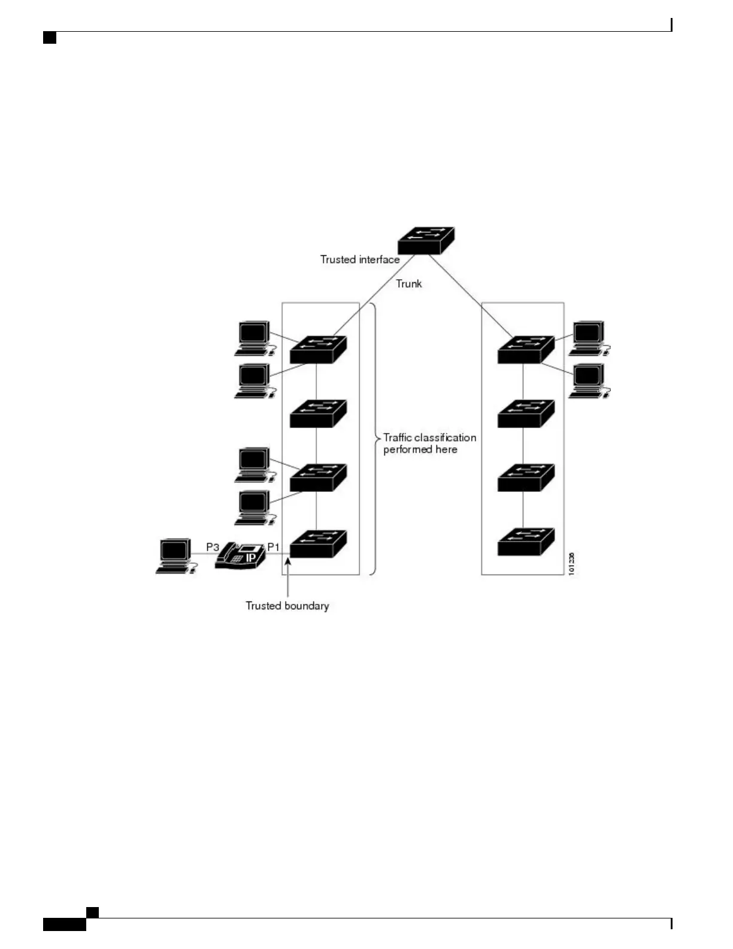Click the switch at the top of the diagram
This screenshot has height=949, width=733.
tap(426, 241)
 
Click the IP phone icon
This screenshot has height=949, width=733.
tap(240, 556)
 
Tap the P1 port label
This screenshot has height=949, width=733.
tap(273, 547)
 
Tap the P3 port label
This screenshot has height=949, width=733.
tap(213, 547)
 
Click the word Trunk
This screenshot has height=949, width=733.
tap(408, 283)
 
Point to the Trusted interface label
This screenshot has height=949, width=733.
tap(359, 259)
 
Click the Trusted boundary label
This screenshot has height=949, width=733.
tap(287, 606)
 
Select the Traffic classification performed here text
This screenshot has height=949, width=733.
tap(429, 443)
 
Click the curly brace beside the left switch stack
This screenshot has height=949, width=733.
tap(375, 439)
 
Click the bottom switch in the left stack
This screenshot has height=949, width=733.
tap(318, 543)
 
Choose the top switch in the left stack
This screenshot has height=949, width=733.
tap(318, 349)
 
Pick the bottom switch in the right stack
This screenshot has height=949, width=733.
tap(526, 542)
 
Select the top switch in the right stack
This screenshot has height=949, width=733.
tap(526, 349)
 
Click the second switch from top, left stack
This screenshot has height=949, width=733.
tap(318, 413)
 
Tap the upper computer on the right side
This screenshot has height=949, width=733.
tap(589, 339)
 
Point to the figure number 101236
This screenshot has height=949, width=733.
tap(572, 563)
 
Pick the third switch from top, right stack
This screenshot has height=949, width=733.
tap(526, 477)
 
